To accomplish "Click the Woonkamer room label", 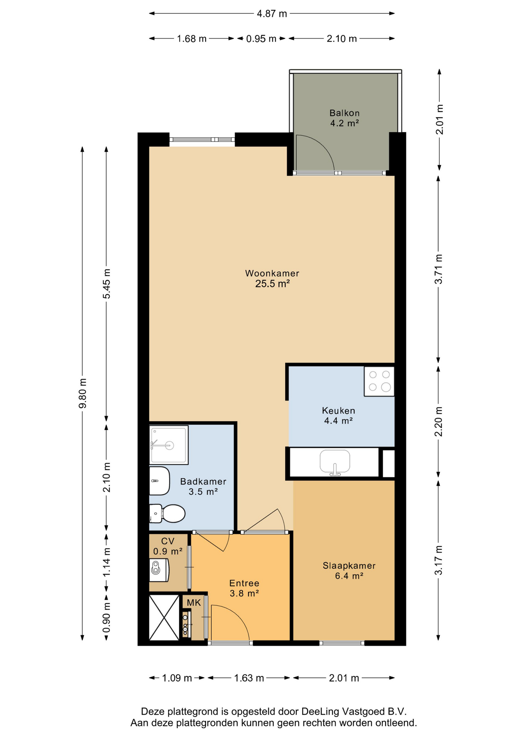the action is click(x=272, y=273).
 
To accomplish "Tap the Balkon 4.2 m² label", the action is click(x=344, y=118).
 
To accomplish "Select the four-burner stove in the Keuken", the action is click(x=379, y=381).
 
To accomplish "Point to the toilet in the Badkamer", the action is click(x=167, y=514).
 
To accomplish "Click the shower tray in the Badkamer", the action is click(x=169, y=445).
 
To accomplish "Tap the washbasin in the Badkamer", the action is click(x=159, y=481).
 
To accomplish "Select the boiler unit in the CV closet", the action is click(x=159, y=570).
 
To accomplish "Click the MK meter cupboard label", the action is click(x=194, y=603).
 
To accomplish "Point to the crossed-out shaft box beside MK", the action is click(x=164, y=618).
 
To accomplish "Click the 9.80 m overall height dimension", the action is click(x=82, y=394).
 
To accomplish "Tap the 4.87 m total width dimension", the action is click(x=272, y=14).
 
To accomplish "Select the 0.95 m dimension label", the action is click(x=261, y=39).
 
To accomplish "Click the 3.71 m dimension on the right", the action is click(x=439, y=269).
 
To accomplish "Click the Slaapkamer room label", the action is click(x=349, y=565).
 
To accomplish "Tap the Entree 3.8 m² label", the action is click(x=244, y=588).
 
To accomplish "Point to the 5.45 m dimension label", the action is click(x=106, y=284).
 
